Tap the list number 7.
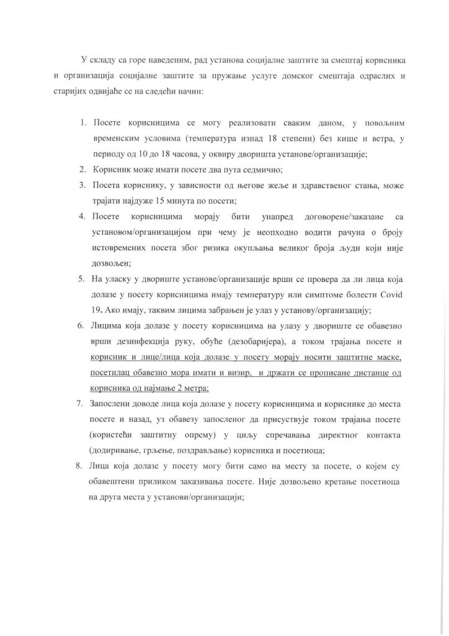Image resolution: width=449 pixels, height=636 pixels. tap(81, 402)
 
